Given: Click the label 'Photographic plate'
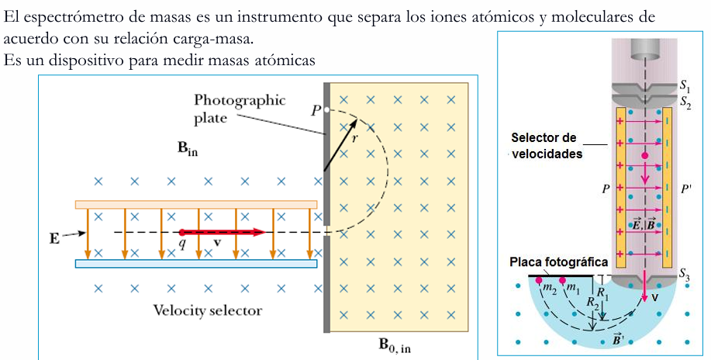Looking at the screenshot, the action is pyautogui.click(x=240, y=109).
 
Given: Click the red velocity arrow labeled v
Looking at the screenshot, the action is pyautogui.click(x=223, y=233).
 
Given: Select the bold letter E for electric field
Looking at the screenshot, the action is pyautogui.click(x=54, y=239).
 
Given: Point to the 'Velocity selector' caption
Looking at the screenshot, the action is pyautogui.click(x=207, y=310).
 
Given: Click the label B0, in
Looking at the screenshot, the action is pyautogui.click(x=395, y=345).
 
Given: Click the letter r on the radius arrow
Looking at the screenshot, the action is pyautogui.click(x=354, y=139).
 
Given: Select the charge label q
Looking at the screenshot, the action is pyautogui.click(x=181, y=244).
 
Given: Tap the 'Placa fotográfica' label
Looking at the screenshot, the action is pyautogui.click(x=558, y=262).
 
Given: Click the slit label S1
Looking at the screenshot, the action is pyautogui.click(x=684, y=85).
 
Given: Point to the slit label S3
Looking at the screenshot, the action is pyautogui.click(x=684, y=274).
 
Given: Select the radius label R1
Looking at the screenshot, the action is pyautogui.click(x=602, y=292).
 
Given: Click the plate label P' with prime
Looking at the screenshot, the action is pyautogui.click(x=685, y=189).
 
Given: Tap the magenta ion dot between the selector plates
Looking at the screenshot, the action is pyautogui.click(x=644, y=156).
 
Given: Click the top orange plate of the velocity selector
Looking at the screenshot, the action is pyautogui.click(x=196, y=204).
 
